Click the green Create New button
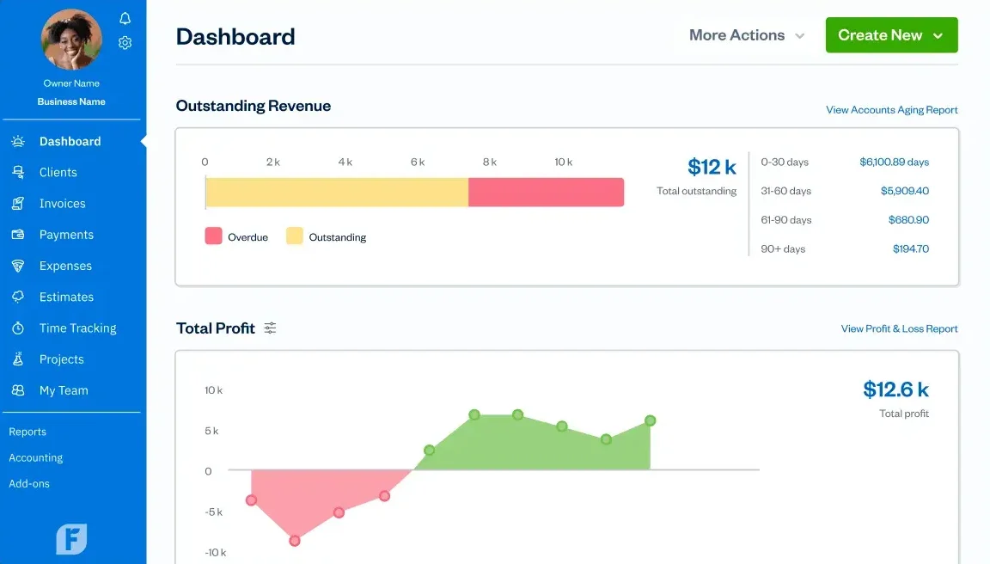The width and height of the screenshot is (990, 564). tap(891, 35)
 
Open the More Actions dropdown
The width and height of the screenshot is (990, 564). tap(747, 35)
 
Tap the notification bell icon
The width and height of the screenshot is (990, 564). tap(125, 19)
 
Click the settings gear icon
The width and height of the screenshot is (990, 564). tap(125, 42)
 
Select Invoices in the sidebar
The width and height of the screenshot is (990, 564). tap(62, 204)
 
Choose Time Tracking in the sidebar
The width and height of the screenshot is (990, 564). tap(77, 328)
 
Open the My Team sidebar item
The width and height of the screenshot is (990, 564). tap(64, 390)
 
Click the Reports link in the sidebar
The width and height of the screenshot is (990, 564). tap(27, 432)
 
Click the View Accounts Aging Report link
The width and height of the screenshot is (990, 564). tap(891, 110)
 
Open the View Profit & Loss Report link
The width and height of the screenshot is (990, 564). tap(899, 328)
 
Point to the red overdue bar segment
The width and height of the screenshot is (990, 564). tap(546, 193)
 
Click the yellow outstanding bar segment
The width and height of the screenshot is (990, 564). tap(337, 193)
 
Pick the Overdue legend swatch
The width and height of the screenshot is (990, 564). tap(213, 236)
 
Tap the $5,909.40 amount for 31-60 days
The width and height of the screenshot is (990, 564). tap(904, 191)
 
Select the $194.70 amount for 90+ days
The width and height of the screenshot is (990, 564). tap(910, 248)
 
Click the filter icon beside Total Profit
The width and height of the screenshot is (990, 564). tap(270, 328)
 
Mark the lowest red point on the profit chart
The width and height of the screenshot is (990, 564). tap(295, 541)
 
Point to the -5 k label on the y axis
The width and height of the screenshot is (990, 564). tap(213, 512)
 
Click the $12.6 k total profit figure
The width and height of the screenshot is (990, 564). tap(895, 389)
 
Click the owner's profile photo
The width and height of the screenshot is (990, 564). tap(72, 39)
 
